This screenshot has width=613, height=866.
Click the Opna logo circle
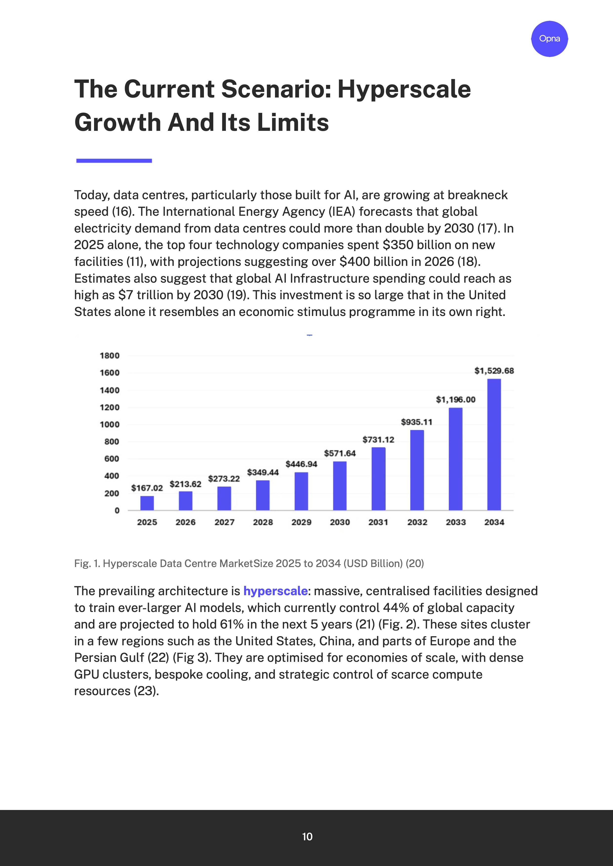[x=549, y=39]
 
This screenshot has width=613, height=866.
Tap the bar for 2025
[x=147, y=503]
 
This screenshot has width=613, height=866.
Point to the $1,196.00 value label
[x=455, y=400]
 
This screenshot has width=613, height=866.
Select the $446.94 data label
[x=301, y=464]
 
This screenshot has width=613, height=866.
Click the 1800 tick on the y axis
[x=109, y=355]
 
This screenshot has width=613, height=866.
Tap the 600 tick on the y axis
[x=112, y=459]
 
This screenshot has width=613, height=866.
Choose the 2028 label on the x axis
[x=263, y=522]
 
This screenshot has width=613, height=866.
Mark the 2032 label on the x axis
[x=417, y=522]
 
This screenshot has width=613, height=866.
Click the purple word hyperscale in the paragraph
[x=275, y=591]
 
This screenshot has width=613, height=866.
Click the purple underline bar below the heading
[x=114, y=161]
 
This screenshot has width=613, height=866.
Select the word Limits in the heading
[x=293, y=123]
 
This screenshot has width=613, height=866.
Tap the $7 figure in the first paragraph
[x=126, y=295]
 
